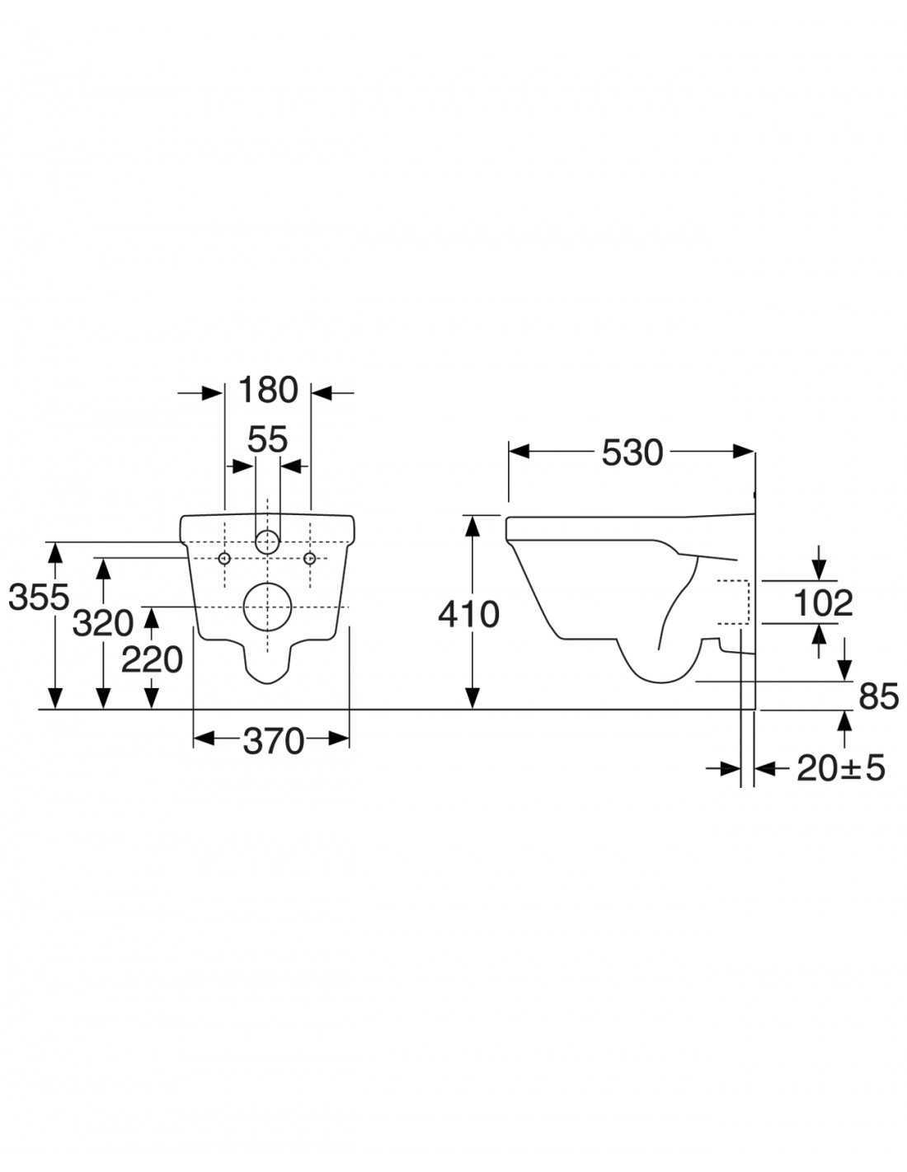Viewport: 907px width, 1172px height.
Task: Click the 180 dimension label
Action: point(268,390)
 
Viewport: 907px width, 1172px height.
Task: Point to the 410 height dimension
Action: point(469,614)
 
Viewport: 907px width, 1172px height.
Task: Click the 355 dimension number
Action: point(39,597)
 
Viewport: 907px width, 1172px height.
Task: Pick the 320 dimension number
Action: point(103,623)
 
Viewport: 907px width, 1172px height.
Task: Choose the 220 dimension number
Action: point(153,659)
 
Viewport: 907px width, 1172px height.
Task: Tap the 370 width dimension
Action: point(274,741)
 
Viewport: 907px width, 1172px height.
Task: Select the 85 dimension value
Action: point(879,696)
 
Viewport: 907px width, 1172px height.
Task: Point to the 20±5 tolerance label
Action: point(841,768)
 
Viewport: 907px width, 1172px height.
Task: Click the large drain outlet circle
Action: point(267,607)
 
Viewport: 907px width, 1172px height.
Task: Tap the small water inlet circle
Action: point(268,541)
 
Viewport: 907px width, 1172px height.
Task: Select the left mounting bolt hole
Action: point(224,558)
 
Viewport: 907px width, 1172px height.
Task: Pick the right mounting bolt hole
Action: point(310,558)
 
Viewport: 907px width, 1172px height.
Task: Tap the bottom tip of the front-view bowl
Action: point(268,684)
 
